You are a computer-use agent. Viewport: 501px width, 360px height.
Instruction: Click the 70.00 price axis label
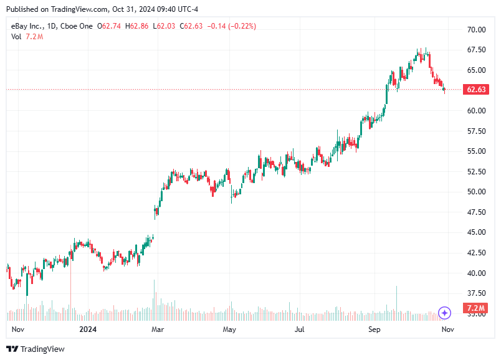(477, 30)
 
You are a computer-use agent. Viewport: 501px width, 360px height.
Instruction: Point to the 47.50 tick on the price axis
(477, 212)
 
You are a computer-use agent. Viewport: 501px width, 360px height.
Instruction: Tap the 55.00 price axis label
(477, 151)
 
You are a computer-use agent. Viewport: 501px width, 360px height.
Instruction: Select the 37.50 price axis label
(477, 293)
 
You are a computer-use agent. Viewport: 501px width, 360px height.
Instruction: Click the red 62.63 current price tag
(476, 90)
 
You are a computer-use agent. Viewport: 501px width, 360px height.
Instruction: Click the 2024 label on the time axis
(88, 329)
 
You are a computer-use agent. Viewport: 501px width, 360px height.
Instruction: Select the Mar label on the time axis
(158, 329)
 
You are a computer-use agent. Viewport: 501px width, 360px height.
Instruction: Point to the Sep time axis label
(375, 329)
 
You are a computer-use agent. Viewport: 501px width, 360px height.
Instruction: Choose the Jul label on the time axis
(301, 329)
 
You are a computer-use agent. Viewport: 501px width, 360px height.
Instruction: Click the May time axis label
(229, 329)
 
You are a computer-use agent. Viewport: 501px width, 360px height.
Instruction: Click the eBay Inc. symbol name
(27, 26)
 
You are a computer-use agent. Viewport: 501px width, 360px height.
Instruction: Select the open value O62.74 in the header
(110, 26)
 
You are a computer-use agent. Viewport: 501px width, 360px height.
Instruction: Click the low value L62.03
(165, 26)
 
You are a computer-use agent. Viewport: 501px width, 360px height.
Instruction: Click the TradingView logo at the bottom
(36, 349)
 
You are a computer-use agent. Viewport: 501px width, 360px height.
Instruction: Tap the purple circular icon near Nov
(444, 313)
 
